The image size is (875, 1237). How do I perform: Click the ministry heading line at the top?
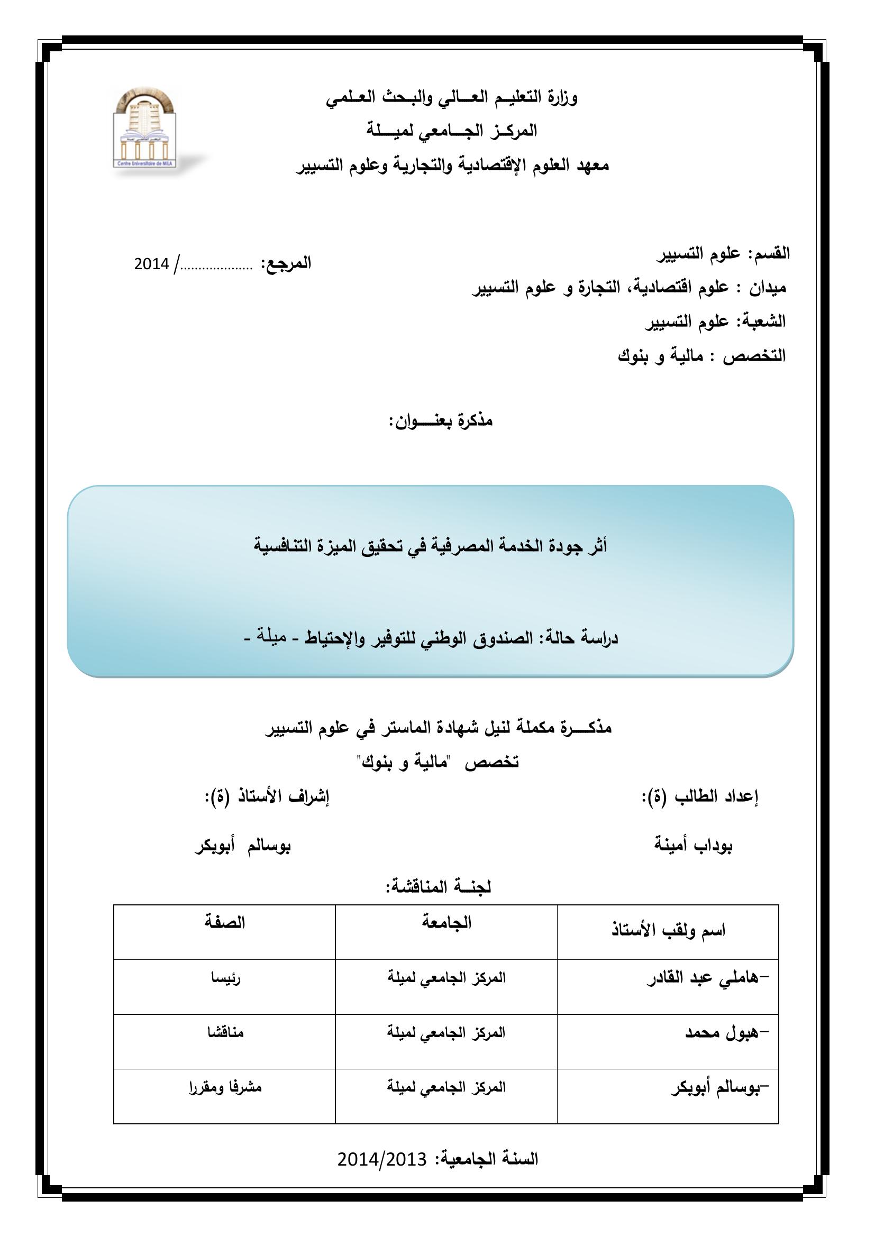[x=452, y=98]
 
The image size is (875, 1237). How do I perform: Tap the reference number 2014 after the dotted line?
[x=151, y=264]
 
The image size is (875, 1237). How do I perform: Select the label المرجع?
[x=286, y=263]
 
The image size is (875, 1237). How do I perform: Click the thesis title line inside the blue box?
[x=431, y=547]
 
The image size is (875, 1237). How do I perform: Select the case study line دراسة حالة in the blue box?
[x=431, y=638]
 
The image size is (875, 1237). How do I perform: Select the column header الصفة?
[x=225, y=922]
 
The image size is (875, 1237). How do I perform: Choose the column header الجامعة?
[x=446, y=922]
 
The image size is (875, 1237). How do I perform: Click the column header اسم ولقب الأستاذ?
[x=668, y=930]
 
